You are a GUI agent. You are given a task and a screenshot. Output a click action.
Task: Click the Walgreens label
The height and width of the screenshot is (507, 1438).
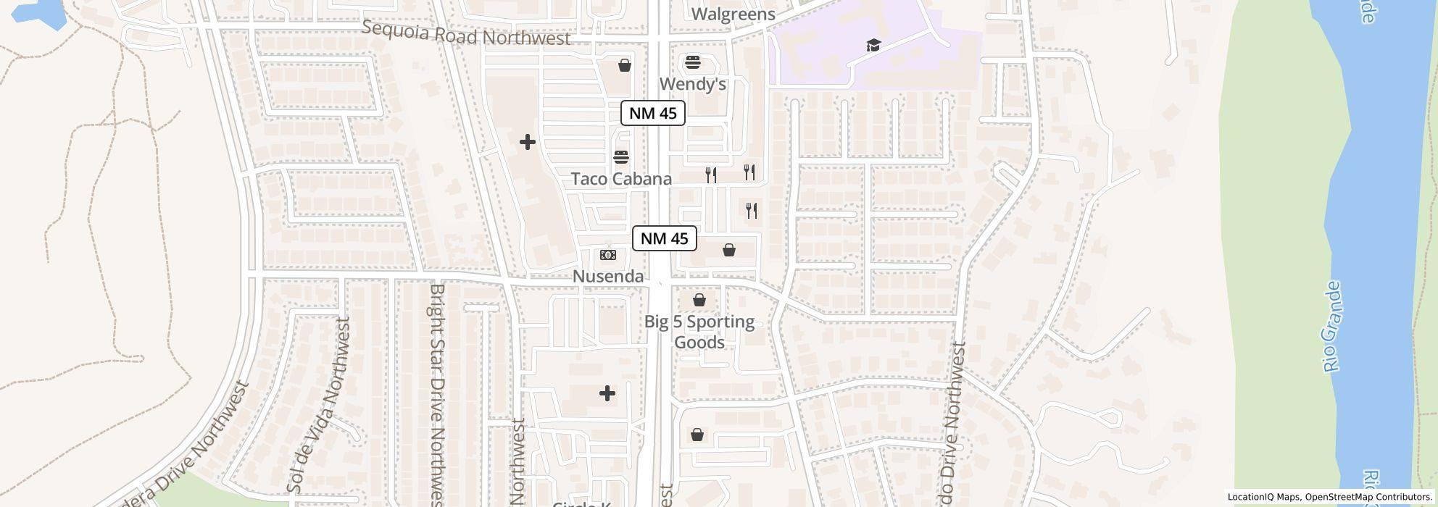point(733,14)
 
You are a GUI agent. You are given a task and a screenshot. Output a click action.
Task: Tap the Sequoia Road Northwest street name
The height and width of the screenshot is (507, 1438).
point(465,33)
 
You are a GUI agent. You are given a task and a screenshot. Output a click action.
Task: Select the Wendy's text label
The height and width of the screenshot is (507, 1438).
point(692,84)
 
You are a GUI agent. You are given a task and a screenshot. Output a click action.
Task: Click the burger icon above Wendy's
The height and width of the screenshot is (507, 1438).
point(693,62)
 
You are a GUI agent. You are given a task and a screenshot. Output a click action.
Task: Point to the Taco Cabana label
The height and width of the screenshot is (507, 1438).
point(621,179)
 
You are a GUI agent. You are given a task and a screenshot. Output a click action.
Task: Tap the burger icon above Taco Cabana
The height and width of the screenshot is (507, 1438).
point(621,156)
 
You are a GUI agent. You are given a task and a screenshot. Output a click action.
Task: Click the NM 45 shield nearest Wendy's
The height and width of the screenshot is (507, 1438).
point(652,113)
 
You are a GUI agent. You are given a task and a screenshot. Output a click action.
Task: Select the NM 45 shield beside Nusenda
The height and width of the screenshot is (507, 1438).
point(664,238)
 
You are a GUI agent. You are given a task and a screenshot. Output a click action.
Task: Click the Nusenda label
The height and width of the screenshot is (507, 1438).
point(607,276)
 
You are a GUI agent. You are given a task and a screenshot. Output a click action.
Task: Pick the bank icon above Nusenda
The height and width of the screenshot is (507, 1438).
point(608,255)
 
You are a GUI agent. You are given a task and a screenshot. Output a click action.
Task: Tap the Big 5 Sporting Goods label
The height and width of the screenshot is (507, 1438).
point(699,332)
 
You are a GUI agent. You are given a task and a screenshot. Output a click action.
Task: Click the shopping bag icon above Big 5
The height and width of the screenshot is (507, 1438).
point(699,299)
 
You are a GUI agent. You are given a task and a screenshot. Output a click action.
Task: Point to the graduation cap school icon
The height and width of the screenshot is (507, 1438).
point(873,46)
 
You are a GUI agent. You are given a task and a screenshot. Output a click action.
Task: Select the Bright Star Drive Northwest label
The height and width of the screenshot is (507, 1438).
point(437,391)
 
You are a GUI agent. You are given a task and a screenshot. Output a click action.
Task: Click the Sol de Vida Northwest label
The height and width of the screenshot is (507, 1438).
point(318,406)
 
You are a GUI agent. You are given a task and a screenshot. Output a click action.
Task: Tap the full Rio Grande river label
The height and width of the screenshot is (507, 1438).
point(1332,327)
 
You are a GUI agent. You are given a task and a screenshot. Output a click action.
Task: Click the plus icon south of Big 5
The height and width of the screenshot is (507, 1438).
point(607,393)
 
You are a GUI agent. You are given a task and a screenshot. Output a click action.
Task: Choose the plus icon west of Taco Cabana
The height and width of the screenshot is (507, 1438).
point(528,142)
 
